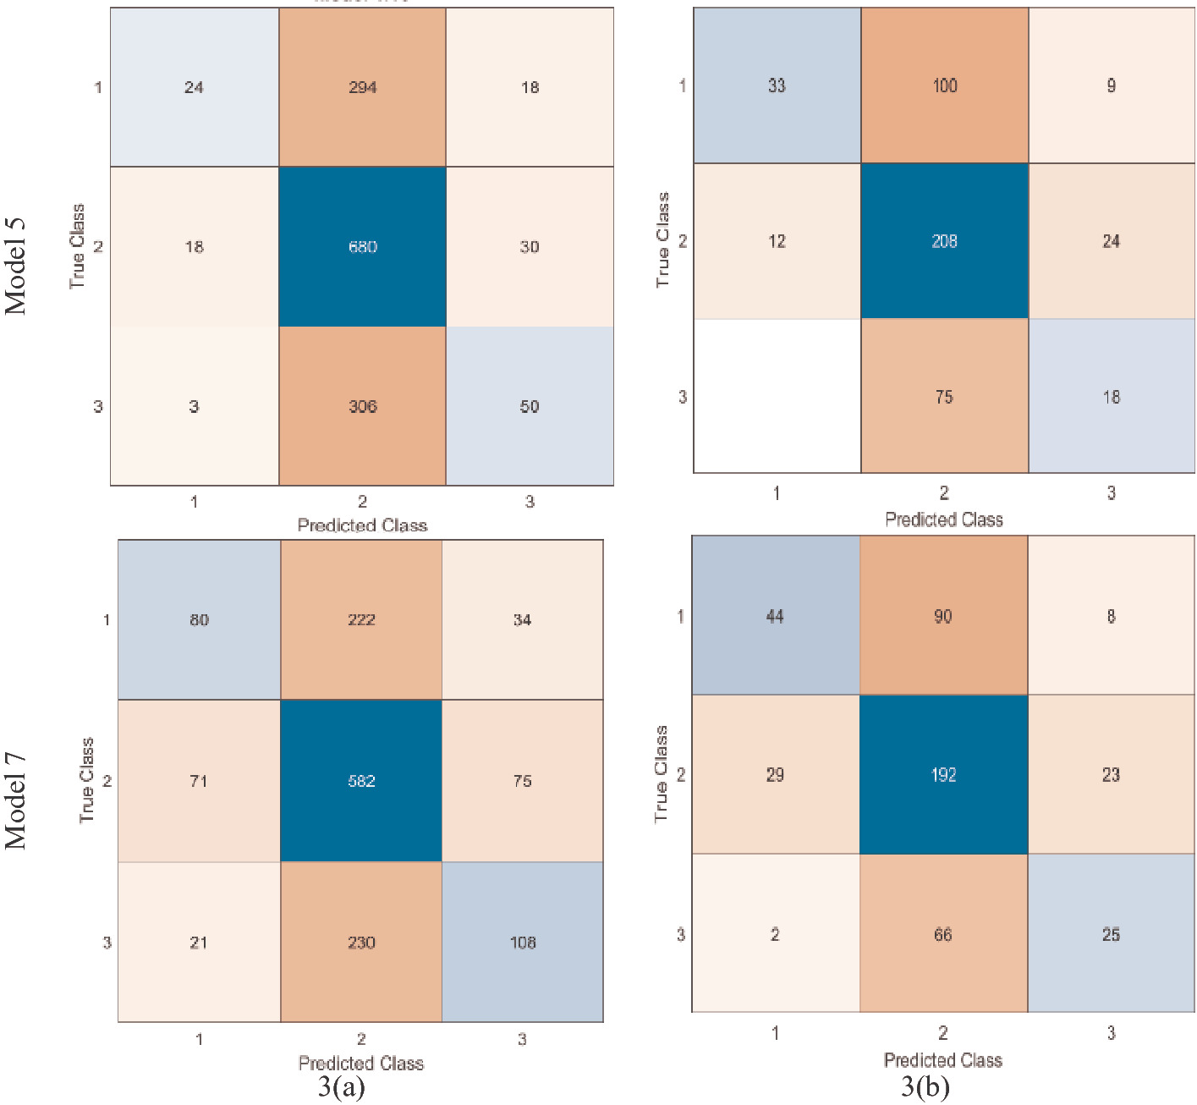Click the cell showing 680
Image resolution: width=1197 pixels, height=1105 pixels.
click(362, 246)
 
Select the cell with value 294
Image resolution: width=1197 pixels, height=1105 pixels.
click(362, 87)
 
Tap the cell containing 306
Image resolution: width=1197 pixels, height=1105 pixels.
click(362, 406)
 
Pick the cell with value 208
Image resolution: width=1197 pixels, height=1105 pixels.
click(944, 241)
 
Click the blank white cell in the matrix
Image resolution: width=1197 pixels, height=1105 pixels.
click(777, 396)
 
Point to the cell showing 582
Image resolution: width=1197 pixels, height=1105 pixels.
click(361, 780)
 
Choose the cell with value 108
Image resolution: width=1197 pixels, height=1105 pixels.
click(523, 942)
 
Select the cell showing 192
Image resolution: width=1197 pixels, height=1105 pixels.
click(943, 774)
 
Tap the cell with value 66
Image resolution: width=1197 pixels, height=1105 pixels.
click(943, 934)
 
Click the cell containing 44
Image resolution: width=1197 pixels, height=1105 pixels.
click(775, 616)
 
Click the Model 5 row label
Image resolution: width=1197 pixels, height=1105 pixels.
click(16, 266)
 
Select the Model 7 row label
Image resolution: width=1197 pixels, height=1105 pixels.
click(16, 800)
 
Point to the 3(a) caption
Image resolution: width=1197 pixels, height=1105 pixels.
click(341, 1086)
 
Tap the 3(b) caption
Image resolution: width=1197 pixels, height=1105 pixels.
click(925, 1086)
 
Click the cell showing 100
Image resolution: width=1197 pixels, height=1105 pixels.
click(944, 85)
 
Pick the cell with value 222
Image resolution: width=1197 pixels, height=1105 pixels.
click(361, 619)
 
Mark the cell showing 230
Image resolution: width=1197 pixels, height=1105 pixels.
click(361, 942)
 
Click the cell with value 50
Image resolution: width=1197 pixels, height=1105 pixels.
click(530, 406)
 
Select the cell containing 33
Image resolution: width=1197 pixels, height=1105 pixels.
click(777, 85)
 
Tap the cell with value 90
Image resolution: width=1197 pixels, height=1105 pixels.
click(943, 616)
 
